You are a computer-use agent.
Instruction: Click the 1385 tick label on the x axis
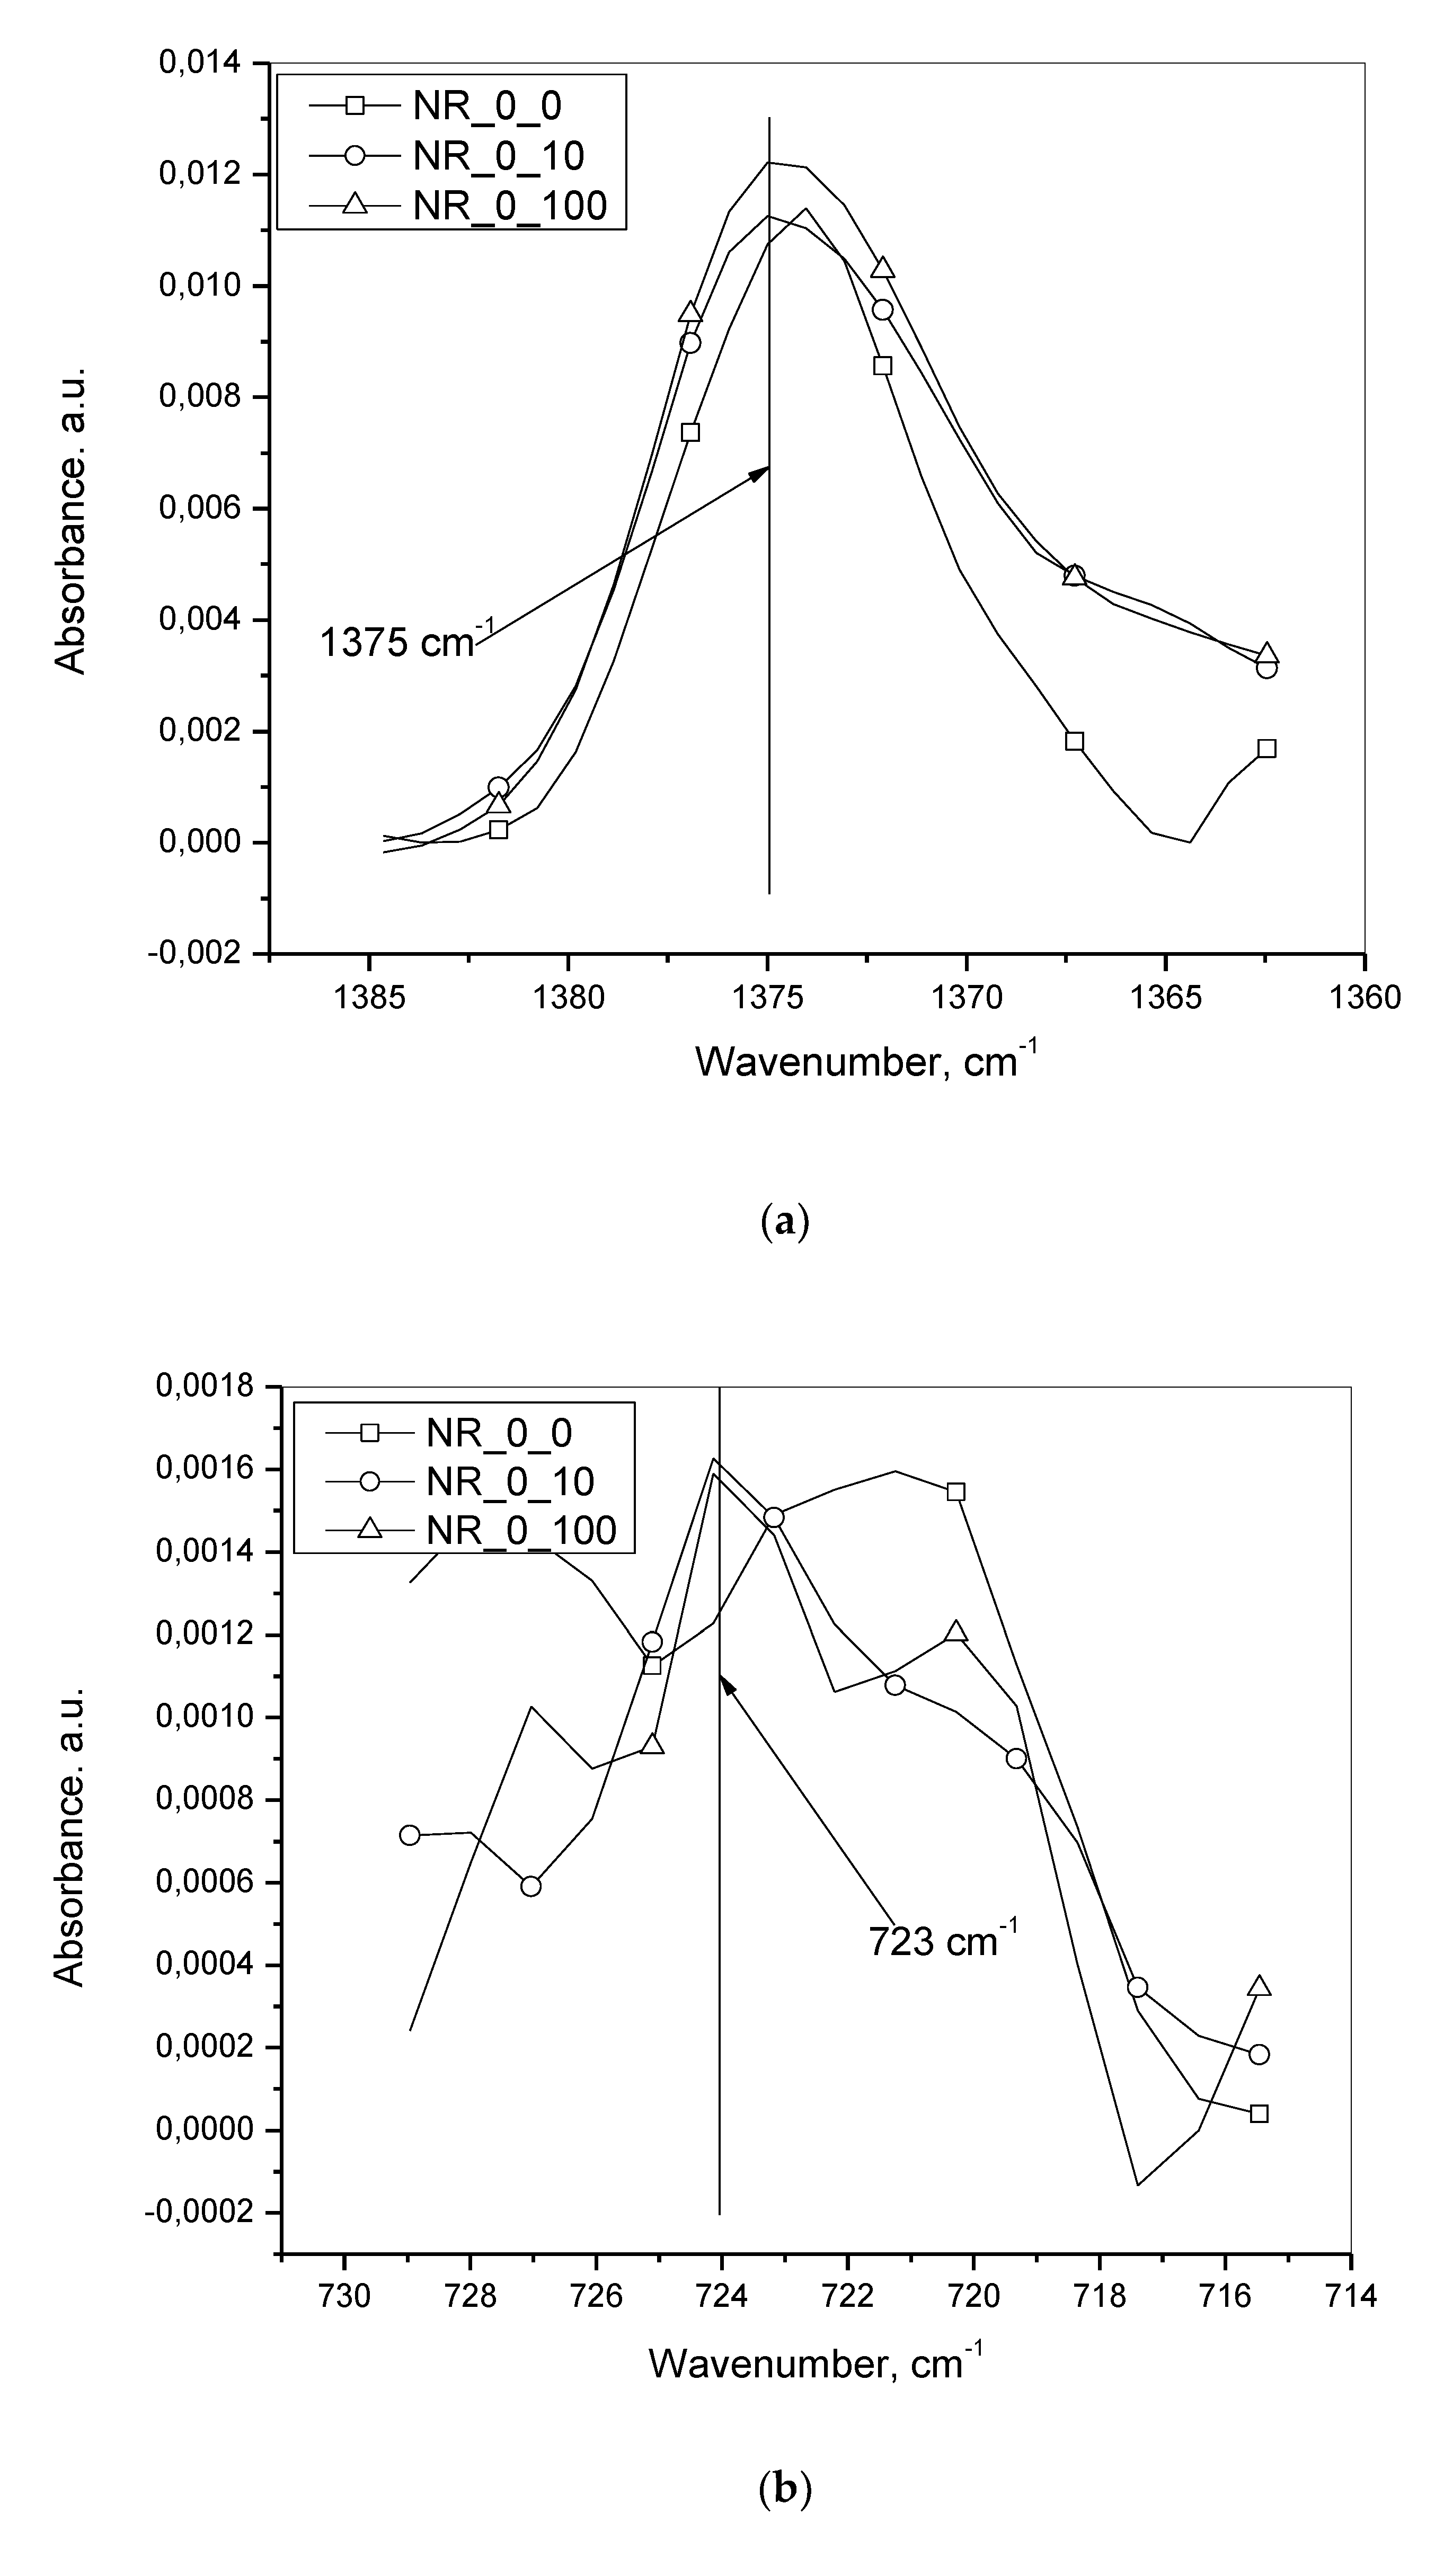click(x=369, y=997)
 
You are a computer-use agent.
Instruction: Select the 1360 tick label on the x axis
click(x=1365, y=997)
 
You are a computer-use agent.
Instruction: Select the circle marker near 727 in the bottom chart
click(x=530, y=1886)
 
